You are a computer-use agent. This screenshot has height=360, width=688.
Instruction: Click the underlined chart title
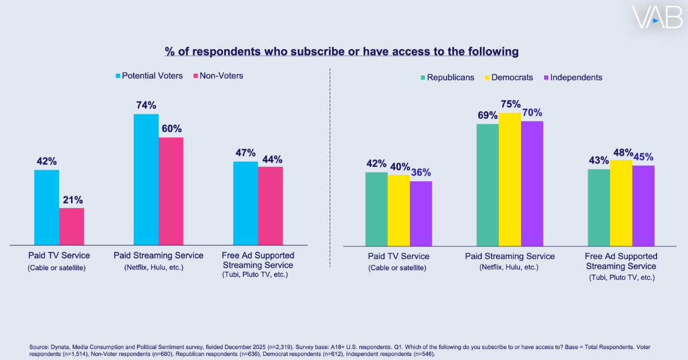click(x=342, y=52)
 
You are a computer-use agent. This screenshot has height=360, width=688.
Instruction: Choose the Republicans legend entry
click(x=448, y=77)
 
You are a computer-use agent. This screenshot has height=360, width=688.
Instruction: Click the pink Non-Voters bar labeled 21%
click(x=72, y=226)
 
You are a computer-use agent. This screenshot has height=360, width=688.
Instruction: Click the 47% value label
click(x=245, y=152)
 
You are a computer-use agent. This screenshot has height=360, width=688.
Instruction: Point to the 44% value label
click(x=271, y=159)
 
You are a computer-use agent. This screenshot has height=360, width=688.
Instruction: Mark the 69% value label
click(x=487, y=115)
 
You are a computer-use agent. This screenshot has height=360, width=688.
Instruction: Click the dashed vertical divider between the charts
click(x=330, y=166)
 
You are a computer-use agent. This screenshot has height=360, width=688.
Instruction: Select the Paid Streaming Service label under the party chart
click(x=510, y=256)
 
